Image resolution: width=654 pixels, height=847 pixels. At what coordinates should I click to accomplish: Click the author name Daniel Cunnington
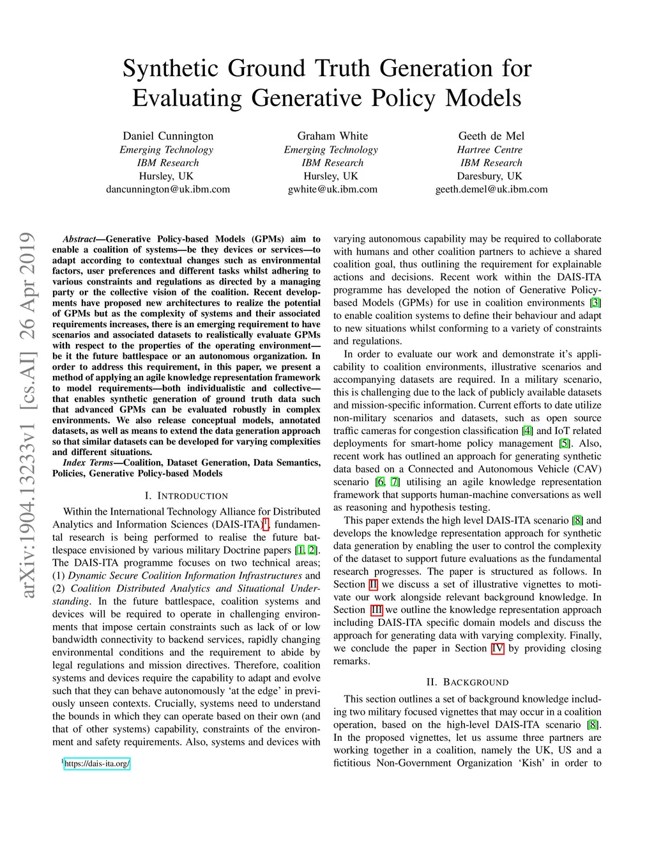coord(168,136)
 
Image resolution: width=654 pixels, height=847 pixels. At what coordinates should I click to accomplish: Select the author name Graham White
coord(332,136)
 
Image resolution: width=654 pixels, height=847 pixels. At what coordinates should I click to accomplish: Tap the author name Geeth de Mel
coord(491,136)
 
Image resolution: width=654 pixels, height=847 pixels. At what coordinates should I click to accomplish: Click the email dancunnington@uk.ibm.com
coord(168,189)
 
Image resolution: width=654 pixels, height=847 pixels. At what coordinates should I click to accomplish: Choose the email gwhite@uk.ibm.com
coord(332,189)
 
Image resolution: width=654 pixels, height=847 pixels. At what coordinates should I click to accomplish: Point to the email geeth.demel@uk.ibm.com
coord(491,189)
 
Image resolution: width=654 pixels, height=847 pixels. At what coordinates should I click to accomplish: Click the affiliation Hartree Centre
coord(490,150)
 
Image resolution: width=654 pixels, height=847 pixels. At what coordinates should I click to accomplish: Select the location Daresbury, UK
coord(489,176)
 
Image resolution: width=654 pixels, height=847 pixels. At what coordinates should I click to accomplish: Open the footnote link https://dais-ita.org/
coord(97,763)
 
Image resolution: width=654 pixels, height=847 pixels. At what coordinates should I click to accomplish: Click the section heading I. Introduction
coord(186,496)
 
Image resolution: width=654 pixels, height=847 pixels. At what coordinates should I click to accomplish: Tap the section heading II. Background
coord(468,683)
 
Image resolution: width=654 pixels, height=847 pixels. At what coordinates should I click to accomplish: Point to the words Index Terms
coord(87,463)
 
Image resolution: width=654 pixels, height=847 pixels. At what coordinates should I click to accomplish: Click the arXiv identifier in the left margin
coord(27,416)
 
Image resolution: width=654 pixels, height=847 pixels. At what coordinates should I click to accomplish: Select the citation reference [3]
coord(595,303)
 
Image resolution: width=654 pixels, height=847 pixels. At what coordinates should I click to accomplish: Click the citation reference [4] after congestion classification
coord(527,431)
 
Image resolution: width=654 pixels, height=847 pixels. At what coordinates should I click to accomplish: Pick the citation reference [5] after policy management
coord(565,444)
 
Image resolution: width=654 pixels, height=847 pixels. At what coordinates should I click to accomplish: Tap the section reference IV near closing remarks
coord(498,648)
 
